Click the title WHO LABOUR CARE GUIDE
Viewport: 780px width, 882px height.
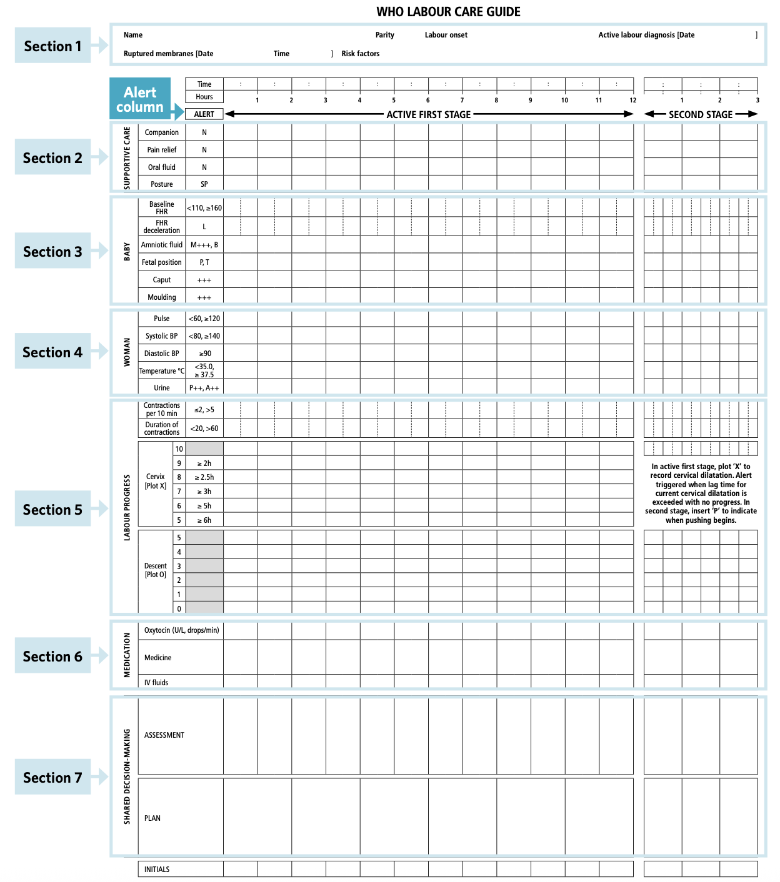coord(448,12)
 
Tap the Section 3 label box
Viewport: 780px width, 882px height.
coord(52,251)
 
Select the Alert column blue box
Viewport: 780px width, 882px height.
coord(140,99)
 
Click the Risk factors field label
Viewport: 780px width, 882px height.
coord(360,54)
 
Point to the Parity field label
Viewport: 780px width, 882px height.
coord(384,35)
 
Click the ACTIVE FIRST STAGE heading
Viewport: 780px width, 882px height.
coord(428,114)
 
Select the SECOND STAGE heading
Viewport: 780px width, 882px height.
coord(700,114)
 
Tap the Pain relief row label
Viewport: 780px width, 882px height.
coord(161,150)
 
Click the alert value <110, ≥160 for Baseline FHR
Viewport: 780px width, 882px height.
coord(204,208)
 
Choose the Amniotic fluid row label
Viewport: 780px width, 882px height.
coord(161,245)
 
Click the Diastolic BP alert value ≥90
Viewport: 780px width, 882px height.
coord(204,354)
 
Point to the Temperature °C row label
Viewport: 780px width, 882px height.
coord(161,371)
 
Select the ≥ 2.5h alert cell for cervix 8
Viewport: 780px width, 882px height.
coord(204,477)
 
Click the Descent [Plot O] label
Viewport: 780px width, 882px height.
coord(155,570)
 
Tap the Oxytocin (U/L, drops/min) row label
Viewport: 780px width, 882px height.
coord(181,630)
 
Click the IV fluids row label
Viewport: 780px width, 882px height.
coord(156,683)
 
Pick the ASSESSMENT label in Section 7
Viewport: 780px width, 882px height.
coord(164,735)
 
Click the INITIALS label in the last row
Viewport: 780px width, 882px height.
coord(156,870)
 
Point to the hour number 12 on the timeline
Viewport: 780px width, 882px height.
coord(632,100)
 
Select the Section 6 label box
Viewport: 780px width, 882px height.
coord(52,656)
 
